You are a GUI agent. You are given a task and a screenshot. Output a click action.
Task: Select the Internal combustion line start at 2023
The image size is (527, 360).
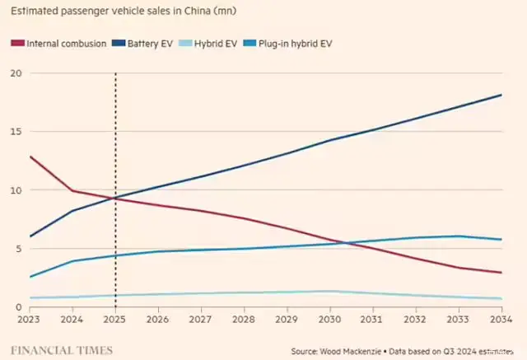pyautogui.click(x=30, y=156)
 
